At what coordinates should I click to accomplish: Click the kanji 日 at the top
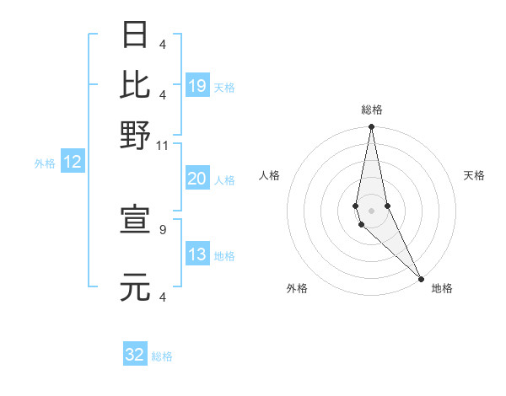[x=136, y=35]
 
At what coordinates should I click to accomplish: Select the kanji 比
[x=136, y=84]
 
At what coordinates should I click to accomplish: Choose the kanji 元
[x=136, y=286]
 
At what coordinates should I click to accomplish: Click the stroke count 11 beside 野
[x=163, y=146]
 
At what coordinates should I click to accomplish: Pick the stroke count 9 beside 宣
[x=163, y=228]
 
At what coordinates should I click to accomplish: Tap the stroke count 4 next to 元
[x=163, y=297]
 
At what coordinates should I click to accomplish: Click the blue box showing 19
[x=197, y=86]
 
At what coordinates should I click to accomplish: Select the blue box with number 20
[x=197, y=179]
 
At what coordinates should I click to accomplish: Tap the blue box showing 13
[x=197, y=255]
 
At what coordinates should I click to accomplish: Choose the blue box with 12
[x=73, y=163]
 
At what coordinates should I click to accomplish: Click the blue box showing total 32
[x=135, y=356]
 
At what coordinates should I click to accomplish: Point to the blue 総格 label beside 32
[x=162, y=356]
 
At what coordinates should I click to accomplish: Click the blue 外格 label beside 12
[x=44, y=164]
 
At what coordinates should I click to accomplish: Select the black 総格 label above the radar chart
[x=371, y=110]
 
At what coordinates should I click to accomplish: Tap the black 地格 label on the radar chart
[x=442, y=288]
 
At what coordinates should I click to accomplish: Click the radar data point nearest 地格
[x=422, y=279]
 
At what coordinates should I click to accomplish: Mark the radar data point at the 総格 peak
[x=371, y=127]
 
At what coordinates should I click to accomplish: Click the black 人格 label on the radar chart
[x=269, y=175]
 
